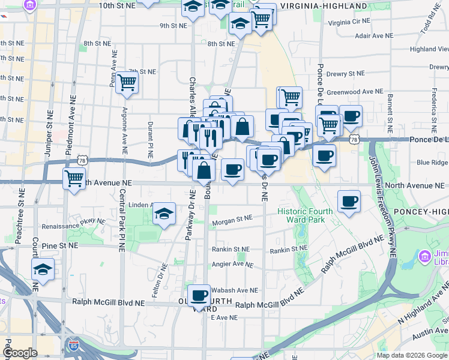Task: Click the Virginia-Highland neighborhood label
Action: click(323, 6)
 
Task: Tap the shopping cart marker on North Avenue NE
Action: click(74, 178)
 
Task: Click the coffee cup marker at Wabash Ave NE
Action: click(199, 295)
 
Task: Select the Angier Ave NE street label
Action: click(232, 265)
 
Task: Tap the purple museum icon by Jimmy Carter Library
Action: click(425, 257)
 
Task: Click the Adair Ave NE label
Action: click(374, 35)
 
